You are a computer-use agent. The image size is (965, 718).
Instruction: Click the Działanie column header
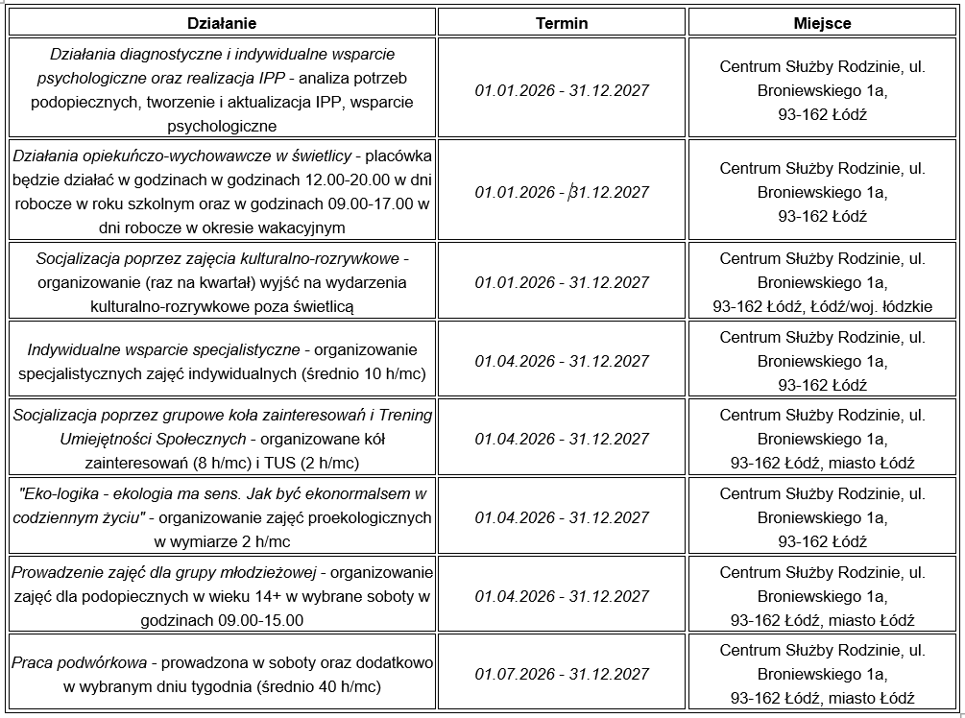[x=222, y=23]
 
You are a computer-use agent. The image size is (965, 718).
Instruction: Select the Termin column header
[x=562, y=23]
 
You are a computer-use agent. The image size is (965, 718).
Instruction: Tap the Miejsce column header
[x=822, y=23]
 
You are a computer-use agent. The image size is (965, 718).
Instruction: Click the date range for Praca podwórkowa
[x=562, y=674]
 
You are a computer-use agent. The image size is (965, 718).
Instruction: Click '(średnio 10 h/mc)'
[x=364, y=373]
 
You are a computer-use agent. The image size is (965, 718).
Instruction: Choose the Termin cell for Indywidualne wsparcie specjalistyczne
[x=562, y=361]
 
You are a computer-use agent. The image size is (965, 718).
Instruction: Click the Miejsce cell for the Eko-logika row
[x=822, y=517]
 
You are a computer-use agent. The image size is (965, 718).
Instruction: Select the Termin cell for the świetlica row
[x=562, y=192]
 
